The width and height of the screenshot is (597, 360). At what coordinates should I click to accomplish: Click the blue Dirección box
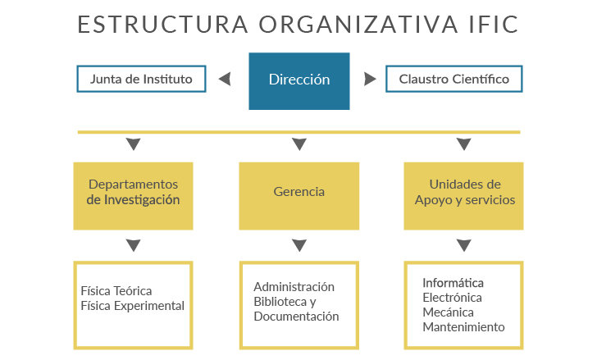click(298, 81)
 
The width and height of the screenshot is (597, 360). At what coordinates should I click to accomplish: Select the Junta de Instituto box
click(141, 79)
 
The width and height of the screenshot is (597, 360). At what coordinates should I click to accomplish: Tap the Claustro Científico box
click(453, 79)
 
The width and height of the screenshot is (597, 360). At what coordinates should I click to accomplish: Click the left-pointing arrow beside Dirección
click(225, 80)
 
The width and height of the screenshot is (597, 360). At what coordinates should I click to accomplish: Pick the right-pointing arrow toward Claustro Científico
click(370, 80)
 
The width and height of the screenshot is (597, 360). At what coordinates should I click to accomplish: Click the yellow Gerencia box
click(298, 196)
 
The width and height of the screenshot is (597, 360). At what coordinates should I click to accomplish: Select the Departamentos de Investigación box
click(133, 196)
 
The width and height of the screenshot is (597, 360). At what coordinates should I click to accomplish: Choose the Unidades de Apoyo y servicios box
click(464, 196)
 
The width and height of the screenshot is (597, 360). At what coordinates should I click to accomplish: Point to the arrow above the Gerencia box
click(299, 144)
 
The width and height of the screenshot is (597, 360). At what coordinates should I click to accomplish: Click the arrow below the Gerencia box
click(299, 245)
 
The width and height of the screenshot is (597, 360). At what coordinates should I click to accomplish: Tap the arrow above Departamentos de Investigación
click(133, 144)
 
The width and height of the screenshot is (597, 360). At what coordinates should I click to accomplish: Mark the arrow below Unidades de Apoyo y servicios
click(464, 245)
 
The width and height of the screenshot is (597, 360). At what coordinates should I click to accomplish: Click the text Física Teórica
click(116, 291)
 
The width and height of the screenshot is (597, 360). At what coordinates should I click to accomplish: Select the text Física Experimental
click(133, 306)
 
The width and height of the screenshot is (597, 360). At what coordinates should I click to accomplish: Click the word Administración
click(294, 287)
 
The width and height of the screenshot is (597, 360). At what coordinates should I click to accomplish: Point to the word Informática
click(453, 283)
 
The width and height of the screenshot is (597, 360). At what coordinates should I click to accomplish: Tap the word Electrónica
click(452, 298)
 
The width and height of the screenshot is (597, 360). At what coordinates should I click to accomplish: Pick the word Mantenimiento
click(464, 327)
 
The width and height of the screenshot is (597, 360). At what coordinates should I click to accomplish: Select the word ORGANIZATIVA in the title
click(358, 25)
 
